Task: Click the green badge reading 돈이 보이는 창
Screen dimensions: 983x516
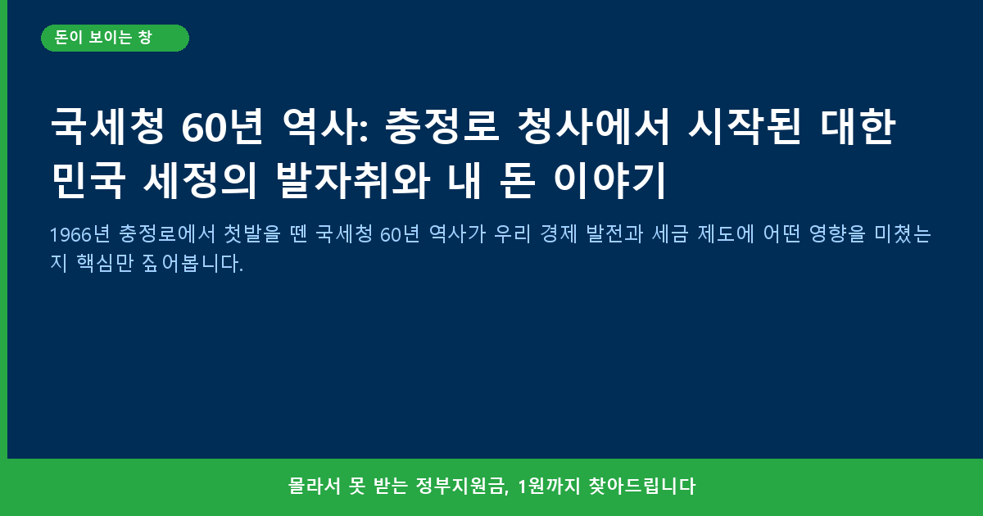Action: [115, 38]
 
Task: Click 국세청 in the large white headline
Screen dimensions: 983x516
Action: [108, 127]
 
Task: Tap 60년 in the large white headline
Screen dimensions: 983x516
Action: [222, 127]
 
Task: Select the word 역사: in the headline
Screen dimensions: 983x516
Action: [325, 127]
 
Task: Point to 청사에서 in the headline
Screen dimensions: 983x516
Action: [593, 127]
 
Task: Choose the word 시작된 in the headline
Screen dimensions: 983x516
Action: [745, 127]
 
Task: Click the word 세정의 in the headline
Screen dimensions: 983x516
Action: [200, 180]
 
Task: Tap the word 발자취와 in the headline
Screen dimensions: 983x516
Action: [352, 180]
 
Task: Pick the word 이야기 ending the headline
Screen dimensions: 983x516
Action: [609, 180]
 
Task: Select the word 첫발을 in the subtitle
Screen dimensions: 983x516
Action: [252, 234]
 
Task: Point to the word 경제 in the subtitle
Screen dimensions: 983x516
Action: [558, 234]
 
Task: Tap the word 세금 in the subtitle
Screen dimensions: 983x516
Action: [670, 234]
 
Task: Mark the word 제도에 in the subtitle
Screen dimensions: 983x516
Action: [726, 234]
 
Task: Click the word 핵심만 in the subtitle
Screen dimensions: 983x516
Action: [105, 263]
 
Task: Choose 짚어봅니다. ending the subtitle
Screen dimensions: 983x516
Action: [193, 263]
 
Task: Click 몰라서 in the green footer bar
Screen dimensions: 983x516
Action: [315, 487]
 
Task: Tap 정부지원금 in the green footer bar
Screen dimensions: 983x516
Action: [463, 487]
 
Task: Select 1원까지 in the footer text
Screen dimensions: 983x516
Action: [549, 487]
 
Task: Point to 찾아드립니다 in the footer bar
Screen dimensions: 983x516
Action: [642, 487]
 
